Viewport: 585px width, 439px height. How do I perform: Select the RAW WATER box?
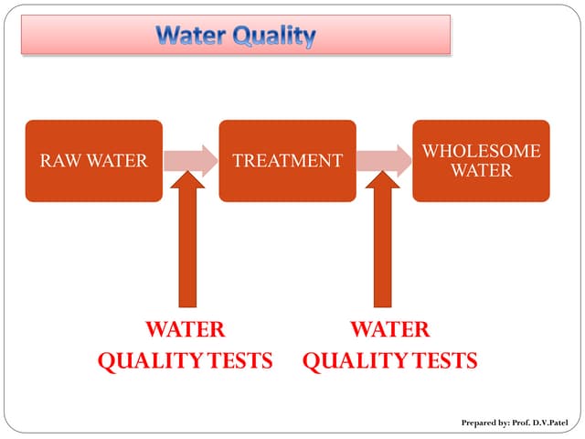pos(93,161)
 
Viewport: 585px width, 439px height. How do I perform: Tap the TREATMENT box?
pos(287,161)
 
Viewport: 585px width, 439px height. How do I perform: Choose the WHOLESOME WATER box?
pos(481,161)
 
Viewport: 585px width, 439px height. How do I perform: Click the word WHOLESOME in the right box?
pos(481,151)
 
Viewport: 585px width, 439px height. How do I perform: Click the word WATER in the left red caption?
pos(186,329)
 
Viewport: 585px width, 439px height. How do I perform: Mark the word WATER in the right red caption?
pos(390,329)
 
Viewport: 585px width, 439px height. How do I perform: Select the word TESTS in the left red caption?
pos(239,360)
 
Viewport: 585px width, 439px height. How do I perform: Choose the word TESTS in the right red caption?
pos(443,360)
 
